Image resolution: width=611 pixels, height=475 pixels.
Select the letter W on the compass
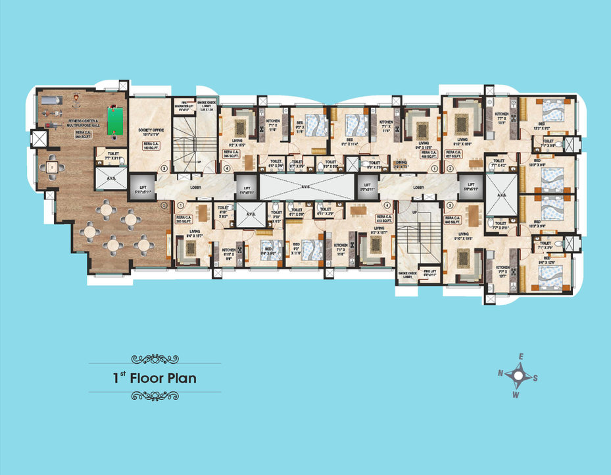pos(516,395)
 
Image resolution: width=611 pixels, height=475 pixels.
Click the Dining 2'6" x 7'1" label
pos(401,164)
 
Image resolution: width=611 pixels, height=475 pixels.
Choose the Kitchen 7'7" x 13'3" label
pos(502,118)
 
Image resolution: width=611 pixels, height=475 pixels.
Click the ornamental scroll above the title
pos(155,359)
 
